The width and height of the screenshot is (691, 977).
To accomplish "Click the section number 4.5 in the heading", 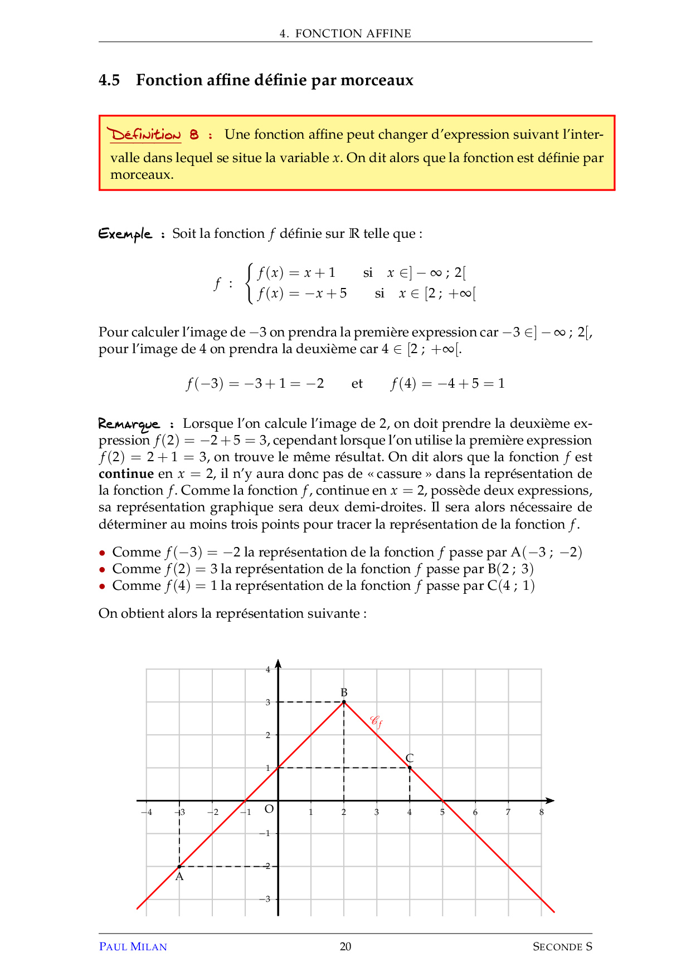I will [x=109, y=80].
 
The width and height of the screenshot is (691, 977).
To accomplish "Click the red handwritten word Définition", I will [x=145, y=135].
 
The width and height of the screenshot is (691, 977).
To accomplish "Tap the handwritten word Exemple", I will [x=125, y=233].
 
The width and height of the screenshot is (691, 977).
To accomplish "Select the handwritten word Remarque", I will [x=129, y=424].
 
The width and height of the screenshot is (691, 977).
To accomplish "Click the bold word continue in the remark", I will [x=126, y=474].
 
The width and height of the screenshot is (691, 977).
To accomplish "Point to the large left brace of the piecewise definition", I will [x=250, y=283].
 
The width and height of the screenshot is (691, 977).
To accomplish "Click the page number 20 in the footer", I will [x=345, y=946].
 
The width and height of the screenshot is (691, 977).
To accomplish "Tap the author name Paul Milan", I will [x=133, y=946].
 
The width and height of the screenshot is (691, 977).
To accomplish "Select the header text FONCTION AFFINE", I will [x=353, y=33].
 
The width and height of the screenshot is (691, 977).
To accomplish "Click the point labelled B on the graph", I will [x=344, y=702].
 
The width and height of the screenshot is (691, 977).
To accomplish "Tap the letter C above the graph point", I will [x=410, y=758].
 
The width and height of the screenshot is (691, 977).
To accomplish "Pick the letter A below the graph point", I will [x=179, y=877].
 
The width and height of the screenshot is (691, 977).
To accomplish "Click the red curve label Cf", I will [x=377, y=722].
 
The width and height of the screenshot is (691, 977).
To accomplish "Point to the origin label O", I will [x=269, y=809].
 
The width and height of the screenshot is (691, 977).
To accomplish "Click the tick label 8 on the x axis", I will [x=541, y=812].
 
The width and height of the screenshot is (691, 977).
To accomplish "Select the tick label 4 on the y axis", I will [x=268, y=670].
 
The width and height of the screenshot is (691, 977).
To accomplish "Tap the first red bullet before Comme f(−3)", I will [x=102, y=553].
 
